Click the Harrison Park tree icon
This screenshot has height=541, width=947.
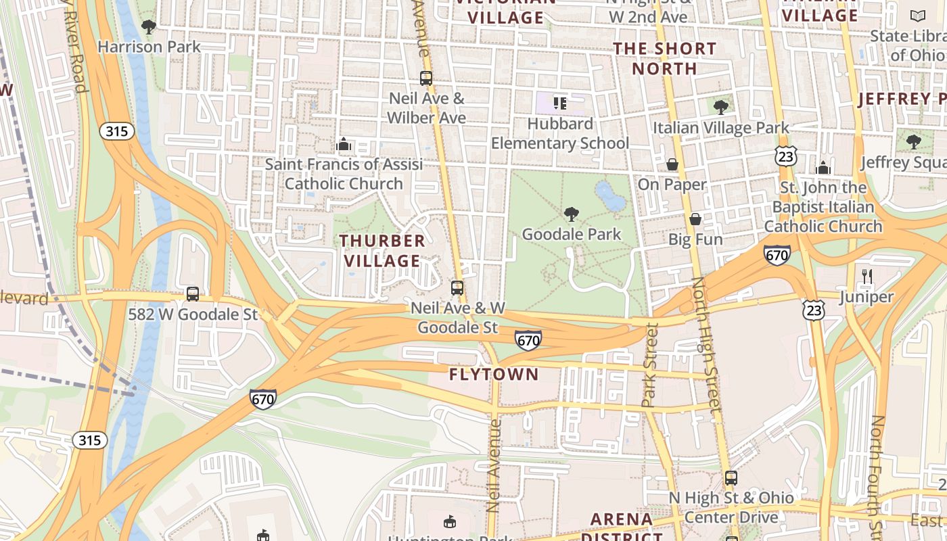[149, 27]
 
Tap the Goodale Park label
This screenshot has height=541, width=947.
[572, 235]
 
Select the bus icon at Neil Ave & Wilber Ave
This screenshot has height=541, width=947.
[425, 78]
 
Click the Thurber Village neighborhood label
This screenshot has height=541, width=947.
[382, 250]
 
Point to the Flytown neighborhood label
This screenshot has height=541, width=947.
[494, 374]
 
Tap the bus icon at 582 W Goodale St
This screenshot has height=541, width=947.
[193, 294]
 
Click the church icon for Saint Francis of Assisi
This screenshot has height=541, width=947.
[344, 144]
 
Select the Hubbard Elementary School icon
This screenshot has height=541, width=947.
[559, 103]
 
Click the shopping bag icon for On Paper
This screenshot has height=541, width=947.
[672, 164]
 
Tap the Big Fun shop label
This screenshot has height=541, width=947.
[695, 239]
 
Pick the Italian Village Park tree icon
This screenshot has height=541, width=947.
[721, 106]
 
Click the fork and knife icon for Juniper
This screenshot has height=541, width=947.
[867, 276]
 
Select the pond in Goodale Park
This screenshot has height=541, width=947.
[611, 195]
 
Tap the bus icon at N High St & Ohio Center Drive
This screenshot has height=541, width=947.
[731, 478]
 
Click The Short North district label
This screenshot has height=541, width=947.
[664, 58]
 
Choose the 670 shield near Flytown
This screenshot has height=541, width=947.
[528, 340]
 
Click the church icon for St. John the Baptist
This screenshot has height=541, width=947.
[823, 167]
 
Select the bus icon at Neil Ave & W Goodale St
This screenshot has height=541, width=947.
[457, 288]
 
